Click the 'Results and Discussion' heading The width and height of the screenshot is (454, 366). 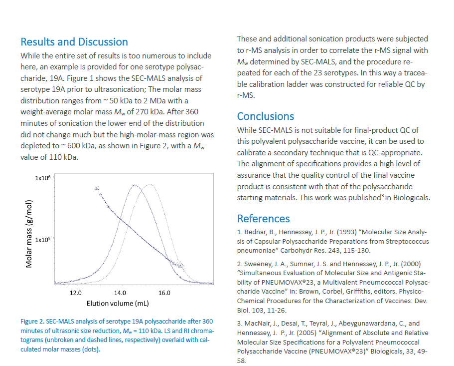pos(74,42)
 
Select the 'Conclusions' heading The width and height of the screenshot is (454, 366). pos(266,116)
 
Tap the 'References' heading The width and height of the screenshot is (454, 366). pos(263,218)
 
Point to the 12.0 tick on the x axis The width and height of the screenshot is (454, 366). pos(76,293)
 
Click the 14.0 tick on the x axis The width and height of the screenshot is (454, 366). pos(120,293)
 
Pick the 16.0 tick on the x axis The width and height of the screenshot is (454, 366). pos(164,293)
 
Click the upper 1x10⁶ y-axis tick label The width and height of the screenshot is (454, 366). pos(43,178)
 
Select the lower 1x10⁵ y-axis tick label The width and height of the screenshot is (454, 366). pos(43,240)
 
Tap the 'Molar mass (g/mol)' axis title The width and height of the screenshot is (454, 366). pos(29,234)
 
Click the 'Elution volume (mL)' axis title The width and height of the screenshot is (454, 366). pos(118,303)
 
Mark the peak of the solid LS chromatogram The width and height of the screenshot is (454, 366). pos(135,185)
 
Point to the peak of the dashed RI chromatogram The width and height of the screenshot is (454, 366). pos(149,185)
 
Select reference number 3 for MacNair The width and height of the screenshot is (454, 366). pos(239,324)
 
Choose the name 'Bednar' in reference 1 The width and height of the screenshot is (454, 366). pos(253,232)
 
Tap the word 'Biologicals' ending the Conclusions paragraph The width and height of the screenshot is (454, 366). pos(413,197)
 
